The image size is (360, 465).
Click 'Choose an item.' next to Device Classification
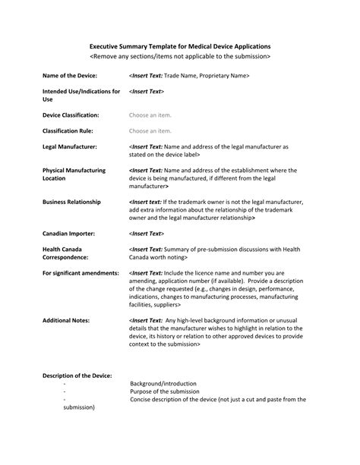150,115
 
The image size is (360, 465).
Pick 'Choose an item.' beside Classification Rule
150,130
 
